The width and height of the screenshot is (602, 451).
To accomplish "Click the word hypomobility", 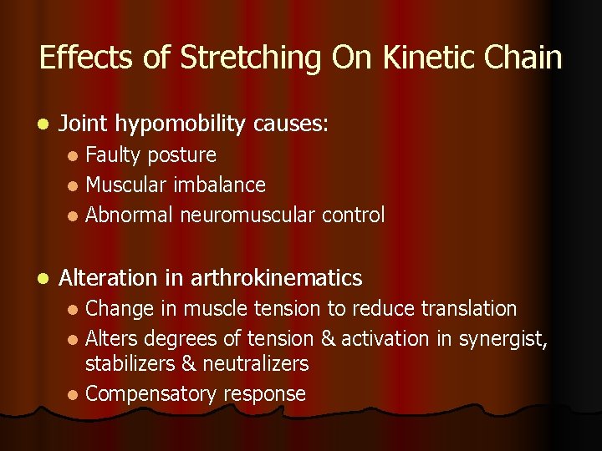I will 179,125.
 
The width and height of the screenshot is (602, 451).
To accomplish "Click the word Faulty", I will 114,155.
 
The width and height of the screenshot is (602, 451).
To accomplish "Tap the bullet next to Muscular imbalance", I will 74,185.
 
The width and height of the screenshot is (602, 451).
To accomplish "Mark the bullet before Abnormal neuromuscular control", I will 74,216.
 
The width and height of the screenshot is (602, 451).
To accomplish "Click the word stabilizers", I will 130,364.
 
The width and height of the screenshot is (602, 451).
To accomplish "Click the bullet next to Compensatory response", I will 74,394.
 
